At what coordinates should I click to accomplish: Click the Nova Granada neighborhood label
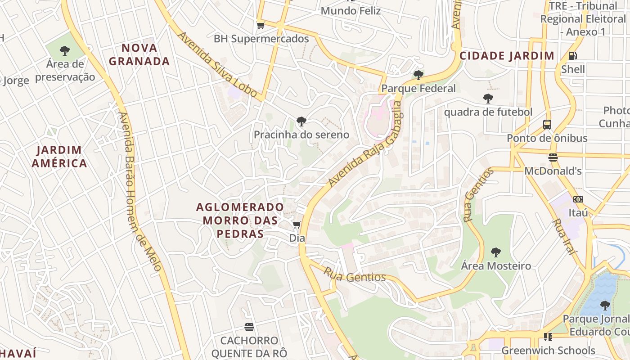pos(139,54)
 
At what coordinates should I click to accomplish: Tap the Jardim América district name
pos(59,156)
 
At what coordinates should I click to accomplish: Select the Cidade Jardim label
pos(507,56)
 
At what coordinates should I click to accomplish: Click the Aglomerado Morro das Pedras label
pos(240,220)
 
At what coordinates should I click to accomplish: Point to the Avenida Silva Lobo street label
pos(217,64)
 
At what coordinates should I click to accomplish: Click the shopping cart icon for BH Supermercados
pos(261,25)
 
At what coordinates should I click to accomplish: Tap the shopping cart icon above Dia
pos(297,225)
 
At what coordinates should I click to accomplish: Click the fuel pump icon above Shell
pos(573,56)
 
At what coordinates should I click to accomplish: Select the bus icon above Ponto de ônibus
pos(547,125)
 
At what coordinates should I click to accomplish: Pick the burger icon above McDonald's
pos(553,157)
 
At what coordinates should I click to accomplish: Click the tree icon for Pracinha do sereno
pos(301,121)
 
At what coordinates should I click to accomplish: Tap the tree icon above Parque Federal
pos(418,75)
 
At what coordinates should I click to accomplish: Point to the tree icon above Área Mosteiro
pos(496,252)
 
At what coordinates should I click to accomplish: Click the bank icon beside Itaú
pos(578,199)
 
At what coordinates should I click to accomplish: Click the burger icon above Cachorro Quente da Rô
pos(249,327)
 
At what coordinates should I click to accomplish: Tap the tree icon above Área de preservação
pos(65,50)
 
